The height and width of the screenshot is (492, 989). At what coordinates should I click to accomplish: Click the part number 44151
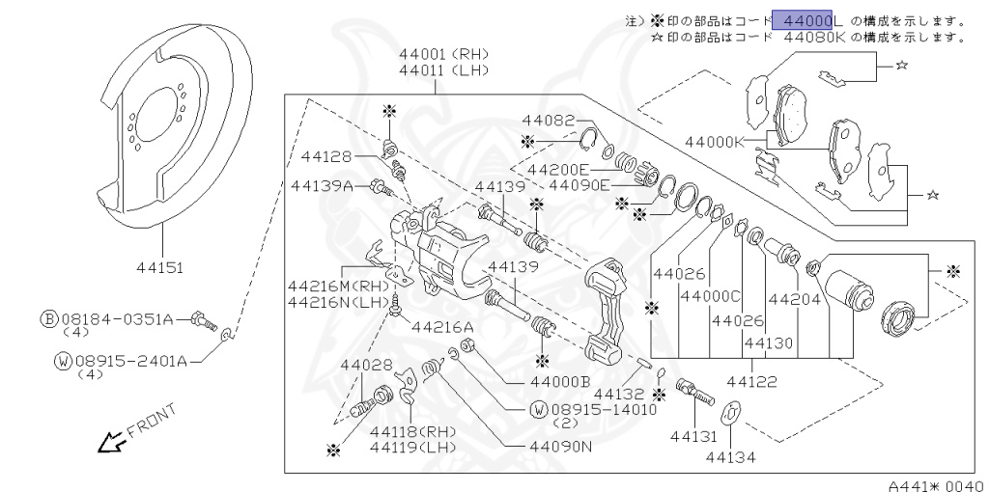pyautogui.click(x=160, y=267)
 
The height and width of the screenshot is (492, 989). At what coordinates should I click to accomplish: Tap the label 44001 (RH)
pyautogui.click(x=445, y=55)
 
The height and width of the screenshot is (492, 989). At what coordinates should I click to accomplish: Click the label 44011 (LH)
pyautogui.click(x=445, y=70)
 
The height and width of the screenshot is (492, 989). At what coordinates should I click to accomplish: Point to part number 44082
pyautogui.click(x=548, y=121)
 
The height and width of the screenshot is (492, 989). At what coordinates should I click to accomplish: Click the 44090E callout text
pyautogui.click(x=579, y=185)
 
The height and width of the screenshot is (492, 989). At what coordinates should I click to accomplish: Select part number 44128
pyautogui.click(x=326, y=155)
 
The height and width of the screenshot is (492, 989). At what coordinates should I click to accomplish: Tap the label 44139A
pyautogui.click(x=331, y=185)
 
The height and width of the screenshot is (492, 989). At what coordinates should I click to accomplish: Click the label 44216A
pyautogui.click(x=442, y=327)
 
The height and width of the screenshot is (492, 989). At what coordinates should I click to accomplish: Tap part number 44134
pyautogui.click(x=730, y=456)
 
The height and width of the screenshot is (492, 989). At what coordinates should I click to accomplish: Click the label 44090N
pyautogui.click(x=561, y=449)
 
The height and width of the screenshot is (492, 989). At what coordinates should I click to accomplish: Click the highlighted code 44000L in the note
pyautogui.click(x=807, y=20)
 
